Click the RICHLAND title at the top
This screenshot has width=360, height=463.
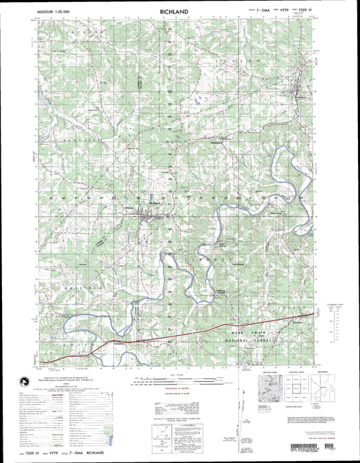pos(174,12)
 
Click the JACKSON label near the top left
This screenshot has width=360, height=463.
pos(91,32)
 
